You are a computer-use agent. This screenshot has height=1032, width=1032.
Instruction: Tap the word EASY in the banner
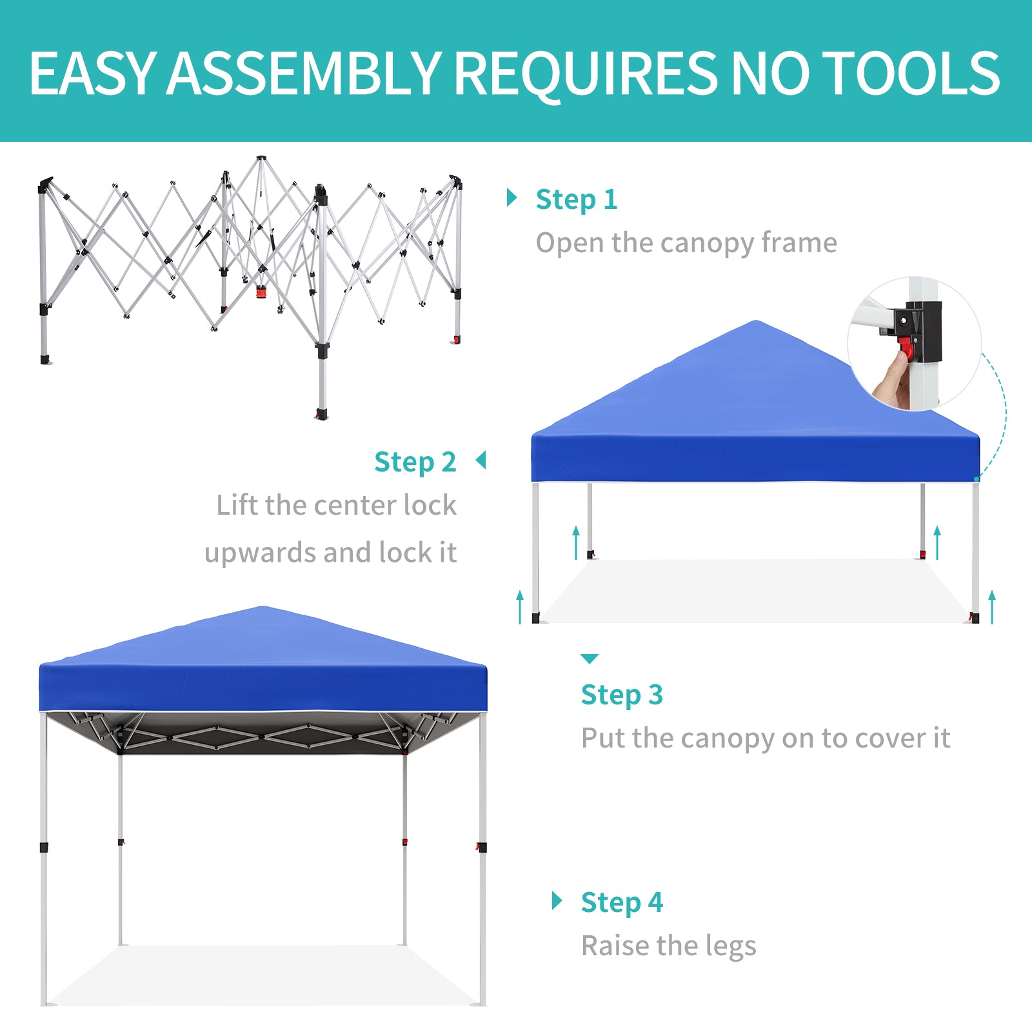pos(93,73)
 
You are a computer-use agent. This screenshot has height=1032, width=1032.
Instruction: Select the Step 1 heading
pos(577,200)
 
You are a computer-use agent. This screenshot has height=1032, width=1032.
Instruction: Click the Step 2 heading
pos(415,462)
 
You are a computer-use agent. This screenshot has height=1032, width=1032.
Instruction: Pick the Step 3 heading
pos(622,695)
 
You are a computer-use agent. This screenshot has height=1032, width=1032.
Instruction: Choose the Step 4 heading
pos(622,902)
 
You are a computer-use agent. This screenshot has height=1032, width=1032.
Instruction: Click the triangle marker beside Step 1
pos(512,198)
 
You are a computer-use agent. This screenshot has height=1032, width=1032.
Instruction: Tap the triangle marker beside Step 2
pos(481,461)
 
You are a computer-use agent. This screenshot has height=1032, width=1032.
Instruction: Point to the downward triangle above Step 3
pos(590,659)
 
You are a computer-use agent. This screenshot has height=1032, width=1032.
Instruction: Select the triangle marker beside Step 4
pos(557,900)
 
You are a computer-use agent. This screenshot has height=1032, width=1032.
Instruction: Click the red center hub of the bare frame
pos(261,292)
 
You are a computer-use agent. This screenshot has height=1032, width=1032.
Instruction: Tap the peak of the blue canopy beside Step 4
pos(263,607)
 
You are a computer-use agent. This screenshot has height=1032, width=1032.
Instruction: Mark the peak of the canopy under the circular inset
pos(755,321)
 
